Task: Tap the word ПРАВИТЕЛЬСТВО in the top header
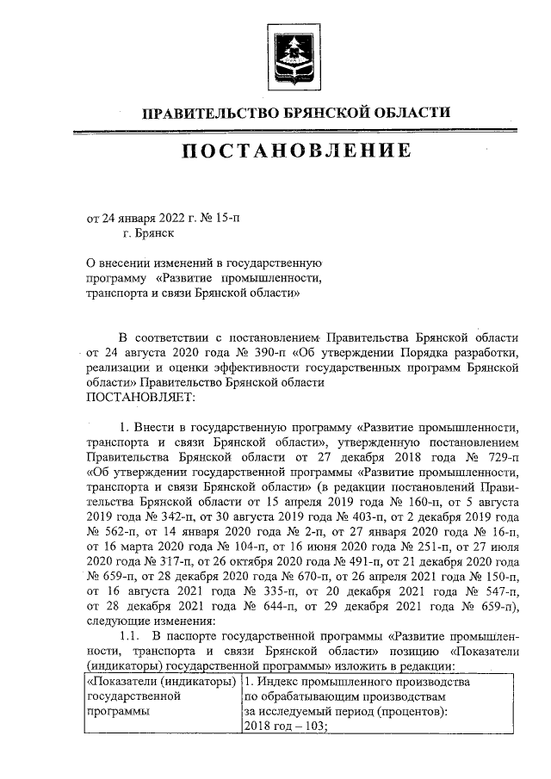point(202,112)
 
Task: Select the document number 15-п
point(226,218)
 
